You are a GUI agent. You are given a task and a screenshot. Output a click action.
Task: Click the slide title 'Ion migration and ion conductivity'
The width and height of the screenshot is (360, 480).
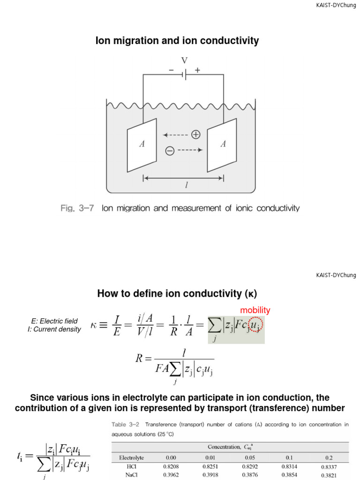click(x=177, y=41)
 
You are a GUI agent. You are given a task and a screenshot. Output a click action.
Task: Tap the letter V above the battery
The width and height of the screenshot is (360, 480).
click(x=184, y=60)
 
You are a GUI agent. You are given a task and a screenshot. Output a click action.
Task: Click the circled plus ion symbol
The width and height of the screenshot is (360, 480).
click(x=195, y=135)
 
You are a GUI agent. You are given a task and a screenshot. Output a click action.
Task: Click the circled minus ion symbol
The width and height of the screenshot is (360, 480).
click(x=170, y=150)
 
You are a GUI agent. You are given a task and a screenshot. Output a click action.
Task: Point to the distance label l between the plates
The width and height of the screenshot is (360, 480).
click(x=186, y=186)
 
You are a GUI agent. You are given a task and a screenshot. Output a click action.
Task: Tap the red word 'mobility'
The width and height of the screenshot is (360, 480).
click(x=255, y=310)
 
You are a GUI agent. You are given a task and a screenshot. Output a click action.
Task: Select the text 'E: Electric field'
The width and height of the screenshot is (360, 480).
click(x=54, y=321)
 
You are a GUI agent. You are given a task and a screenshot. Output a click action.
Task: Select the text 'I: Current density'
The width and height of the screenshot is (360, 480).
click(x=54, y=329)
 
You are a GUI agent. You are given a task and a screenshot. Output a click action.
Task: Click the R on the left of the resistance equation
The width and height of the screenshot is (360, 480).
click(x=140, y=360)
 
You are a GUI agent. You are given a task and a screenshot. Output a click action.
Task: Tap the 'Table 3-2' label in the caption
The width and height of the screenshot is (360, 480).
click(x=125, y=425)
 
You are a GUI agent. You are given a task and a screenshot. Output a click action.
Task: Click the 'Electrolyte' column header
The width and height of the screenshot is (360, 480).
click(x=131, y=457)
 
